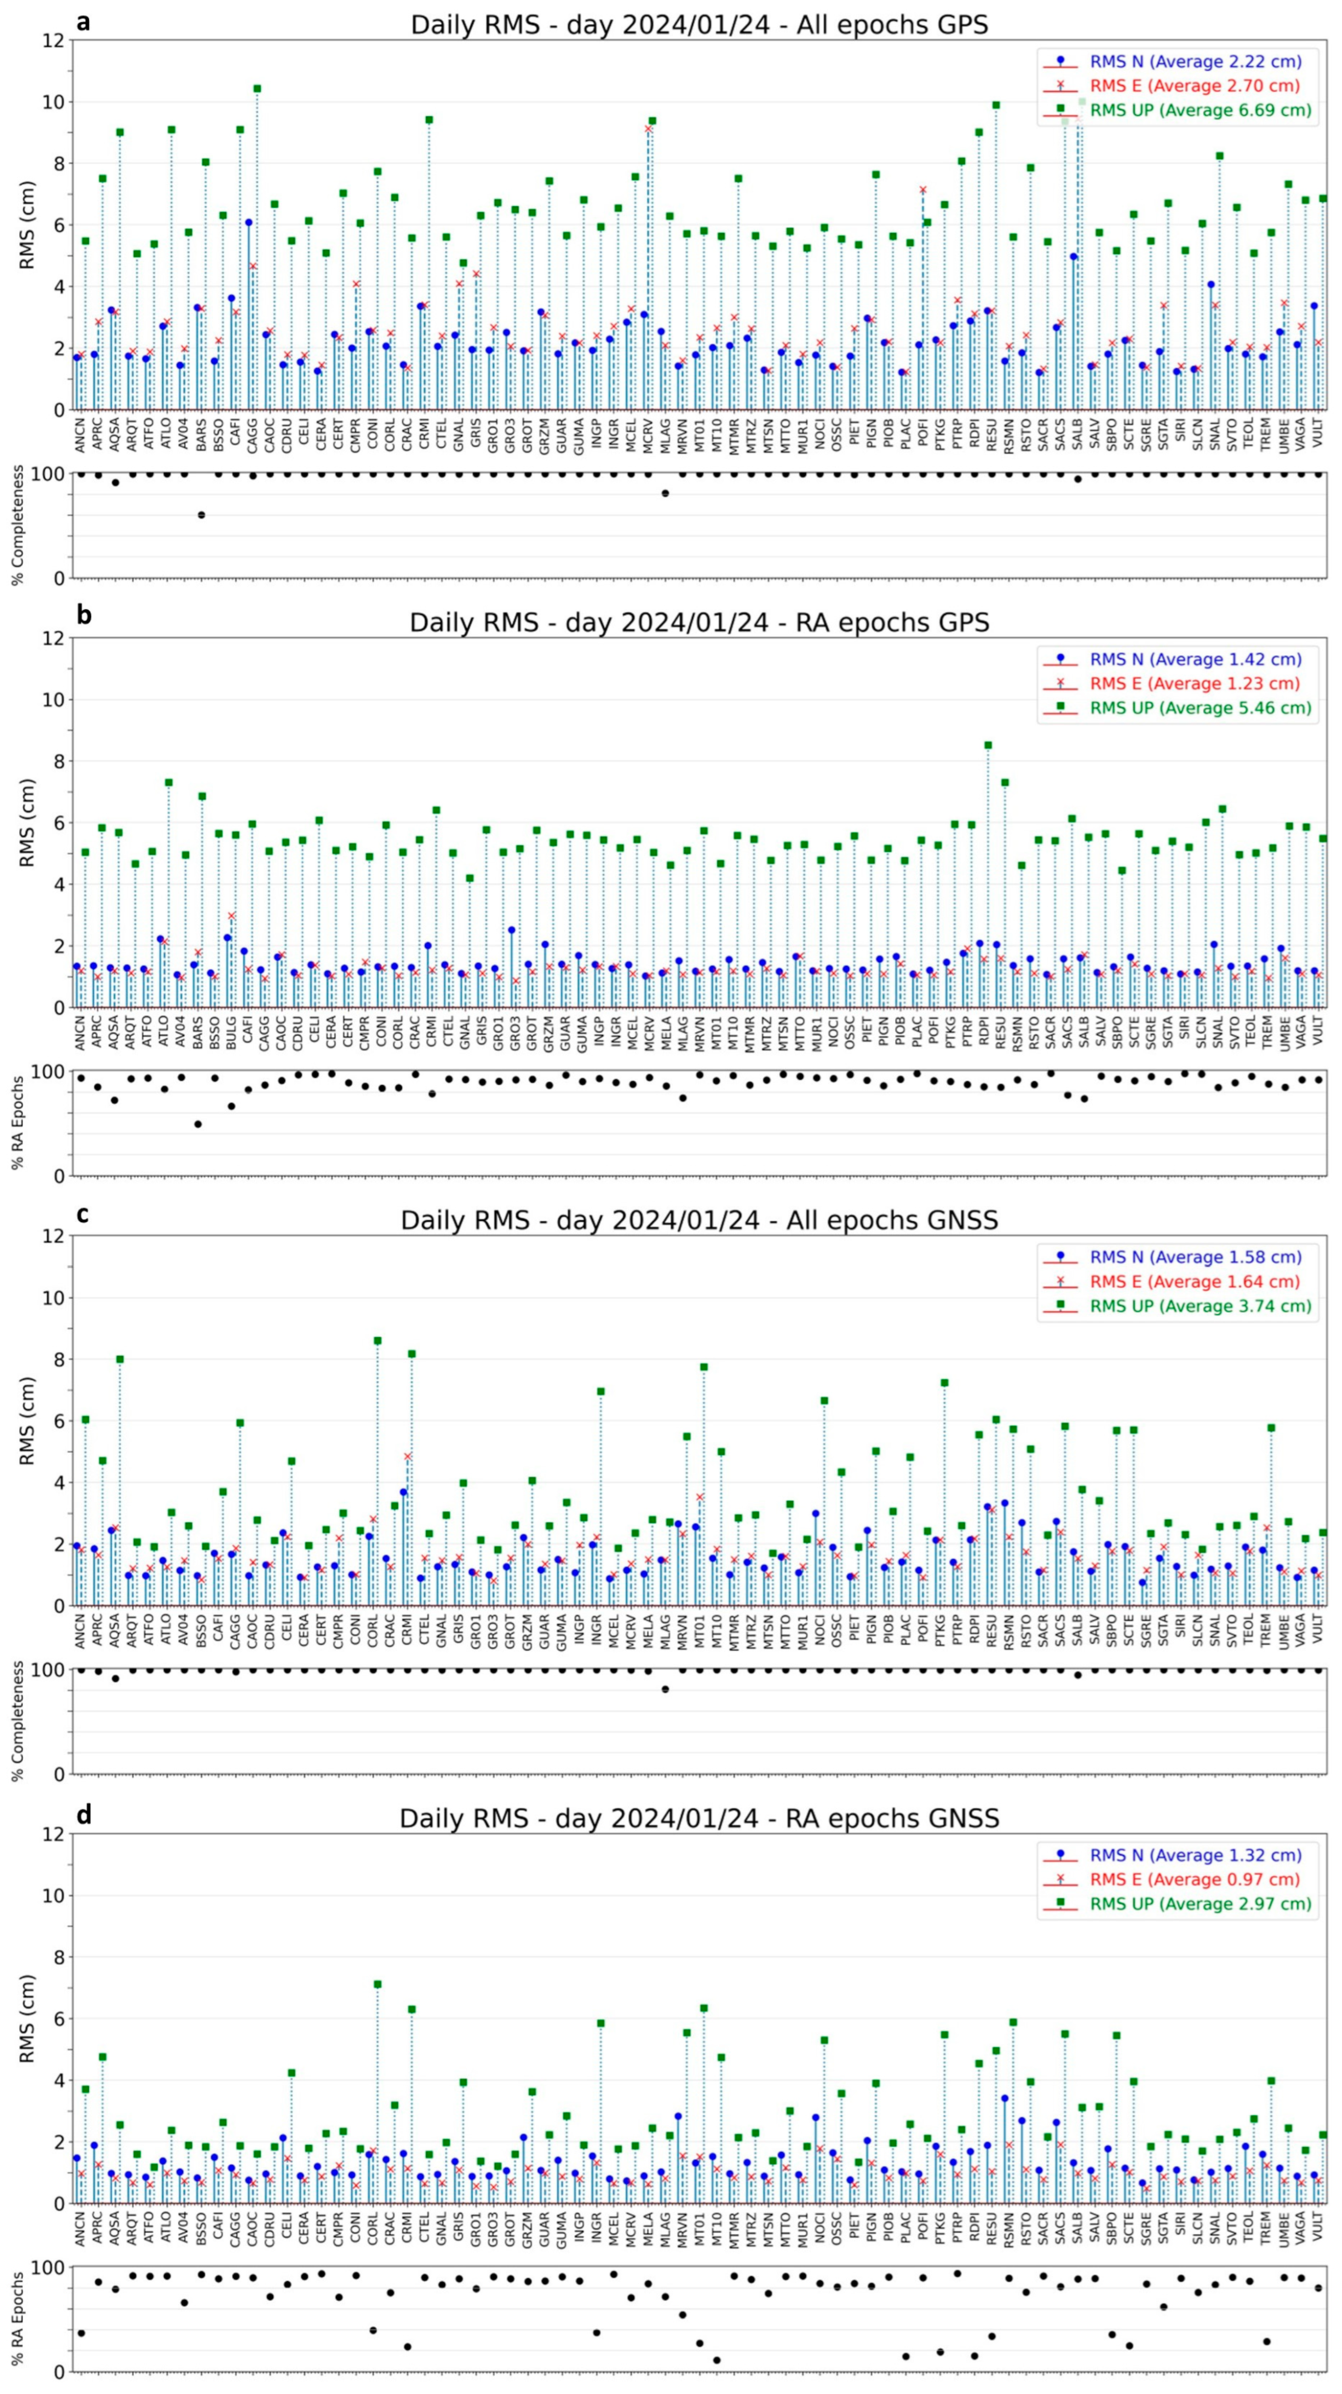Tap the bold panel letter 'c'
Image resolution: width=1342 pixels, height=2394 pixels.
(83, 1214)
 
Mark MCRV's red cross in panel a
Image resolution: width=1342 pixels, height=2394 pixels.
(648, 128)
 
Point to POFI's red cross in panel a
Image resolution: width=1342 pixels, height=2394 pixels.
(923, 189)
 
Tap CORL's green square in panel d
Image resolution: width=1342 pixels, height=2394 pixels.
(377, 1984)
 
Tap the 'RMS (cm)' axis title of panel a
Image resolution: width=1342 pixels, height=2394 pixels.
(28, 225)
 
